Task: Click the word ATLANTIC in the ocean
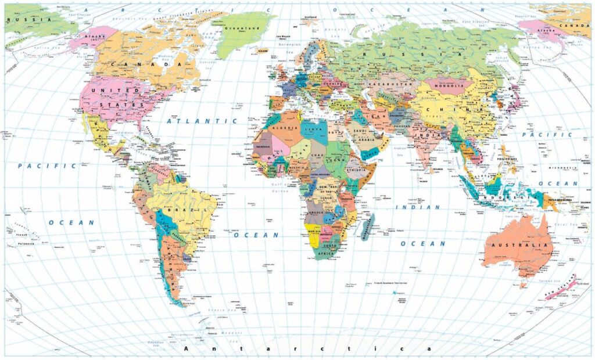click(x=202, y=121)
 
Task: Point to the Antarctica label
click(x=308, y=348)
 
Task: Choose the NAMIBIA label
click(x=314, y=231)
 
